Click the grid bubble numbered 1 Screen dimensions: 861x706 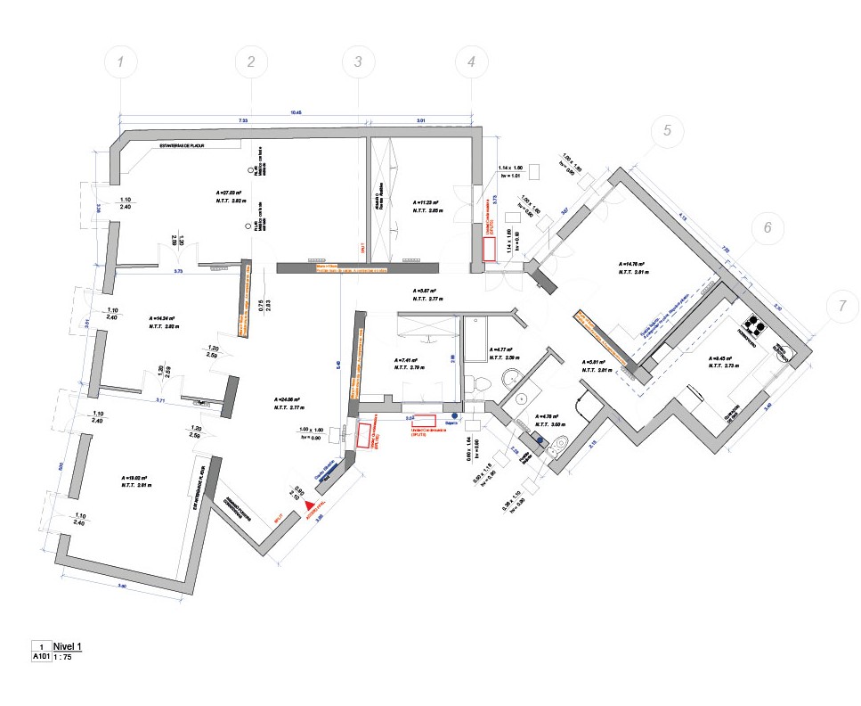click(121, 62)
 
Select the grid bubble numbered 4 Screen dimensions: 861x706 click(470, 62)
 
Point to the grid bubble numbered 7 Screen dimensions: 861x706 click(841, 306)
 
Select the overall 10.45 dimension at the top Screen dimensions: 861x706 click(296, 112)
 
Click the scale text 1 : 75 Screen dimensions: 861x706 click(65, 657)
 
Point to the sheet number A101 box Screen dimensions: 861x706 click(41, 657)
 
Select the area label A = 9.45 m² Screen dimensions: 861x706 click(723, 359)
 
